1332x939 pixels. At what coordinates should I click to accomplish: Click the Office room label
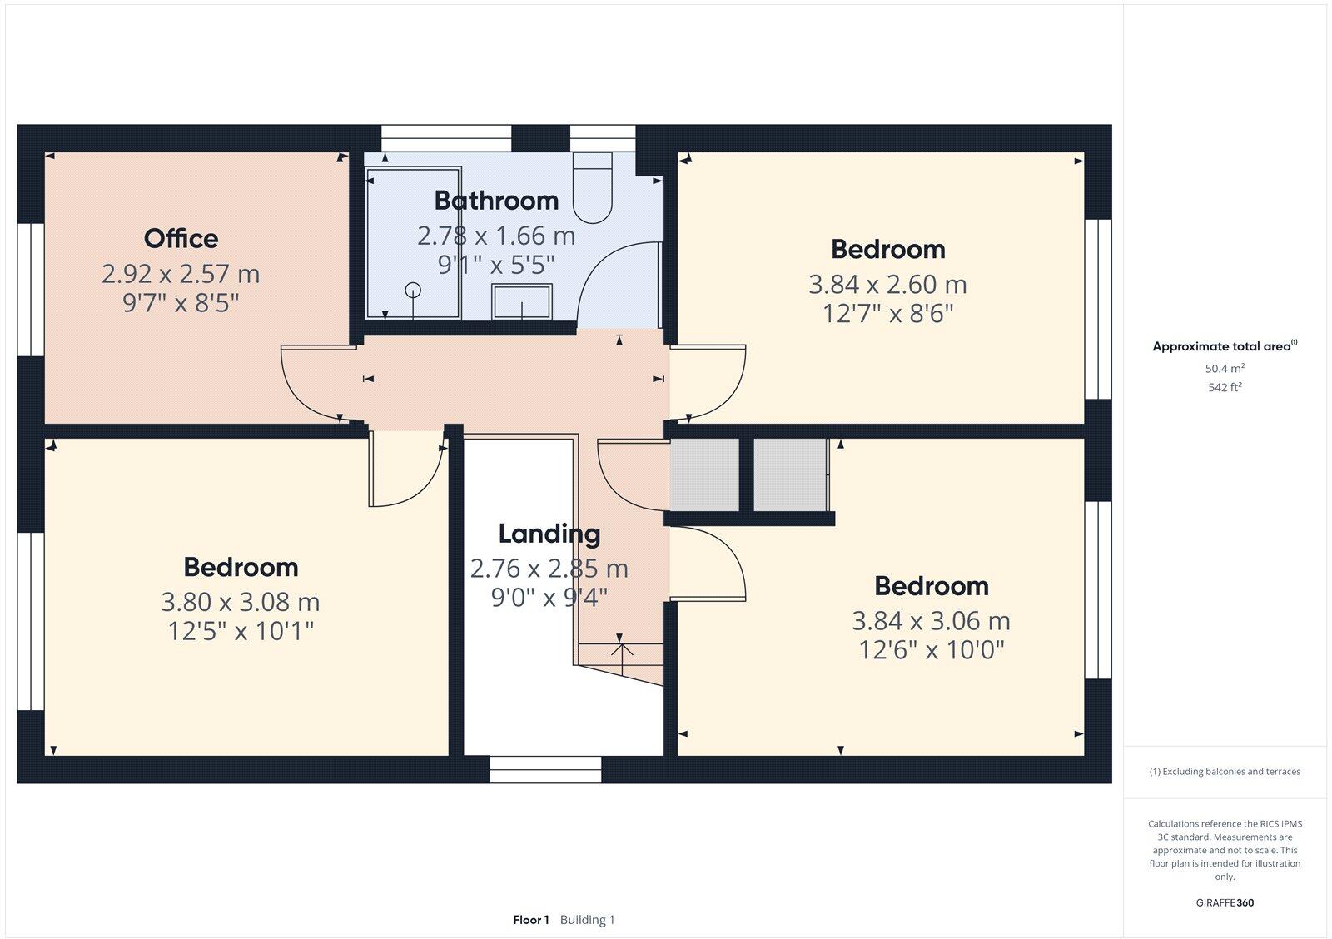[x=181, y=239]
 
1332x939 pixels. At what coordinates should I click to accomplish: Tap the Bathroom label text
[x=496, y=201]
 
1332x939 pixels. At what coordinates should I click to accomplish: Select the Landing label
[x=549, y=534]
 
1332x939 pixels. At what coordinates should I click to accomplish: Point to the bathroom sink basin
[x=522, y=301]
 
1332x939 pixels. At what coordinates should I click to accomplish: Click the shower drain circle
[x=413, y=290]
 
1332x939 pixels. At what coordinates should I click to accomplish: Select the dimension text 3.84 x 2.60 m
[x=887, y=285]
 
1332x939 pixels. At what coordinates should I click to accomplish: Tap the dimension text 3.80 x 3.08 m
[x=241, y=602]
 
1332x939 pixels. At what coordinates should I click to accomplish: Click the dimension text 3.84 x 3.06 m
[x=931, y=621]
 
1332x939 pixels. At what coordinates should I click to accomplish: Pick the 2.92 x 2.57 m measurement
[x=181, y=274]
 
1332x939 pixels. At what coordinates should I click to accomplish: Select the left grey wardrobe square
[x=704, y=474]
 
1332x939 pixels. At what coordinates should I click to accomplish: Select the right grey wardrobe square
[x=790, y=474]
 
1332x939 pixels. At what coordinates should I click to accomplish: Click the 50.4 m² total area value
[x=1225, y=368]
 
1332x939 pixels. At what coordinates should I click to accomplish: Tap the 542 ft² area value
[x=1225, y=387]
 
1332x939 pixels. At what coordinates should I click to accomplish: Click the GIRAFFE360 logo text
[x=1225, y=902]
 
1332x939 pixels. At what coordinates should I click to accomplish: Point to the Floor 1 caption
[x=531, y=920]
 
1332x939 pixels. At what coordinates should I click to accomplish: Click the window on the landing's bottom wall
[x=545, y=769]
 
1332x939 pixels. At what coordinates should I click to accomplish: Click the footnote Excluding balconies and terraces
[x=1225, y=772]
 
